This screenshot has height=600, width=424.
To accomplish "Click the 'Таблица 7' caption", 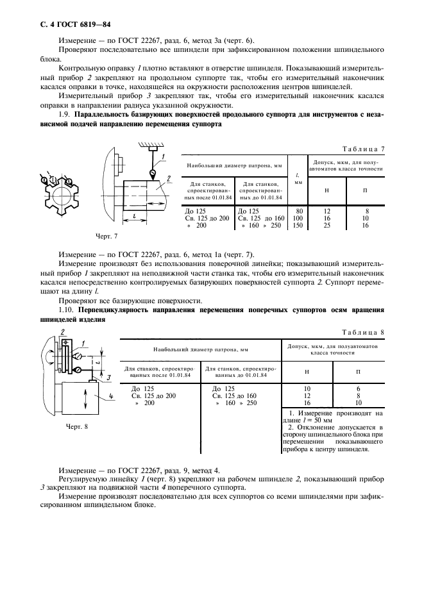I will coord(362,149).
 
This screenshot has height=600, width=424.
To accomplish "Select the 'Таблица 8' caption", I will coord(362,333).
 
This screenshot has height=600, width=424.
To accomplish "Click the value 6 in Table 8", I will coord(358,388).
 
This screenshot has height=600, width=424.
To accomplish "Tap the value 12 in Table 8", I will coord(307,396).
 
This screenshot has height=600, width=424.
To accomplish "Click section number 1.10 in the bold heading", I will coord(67,310).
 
